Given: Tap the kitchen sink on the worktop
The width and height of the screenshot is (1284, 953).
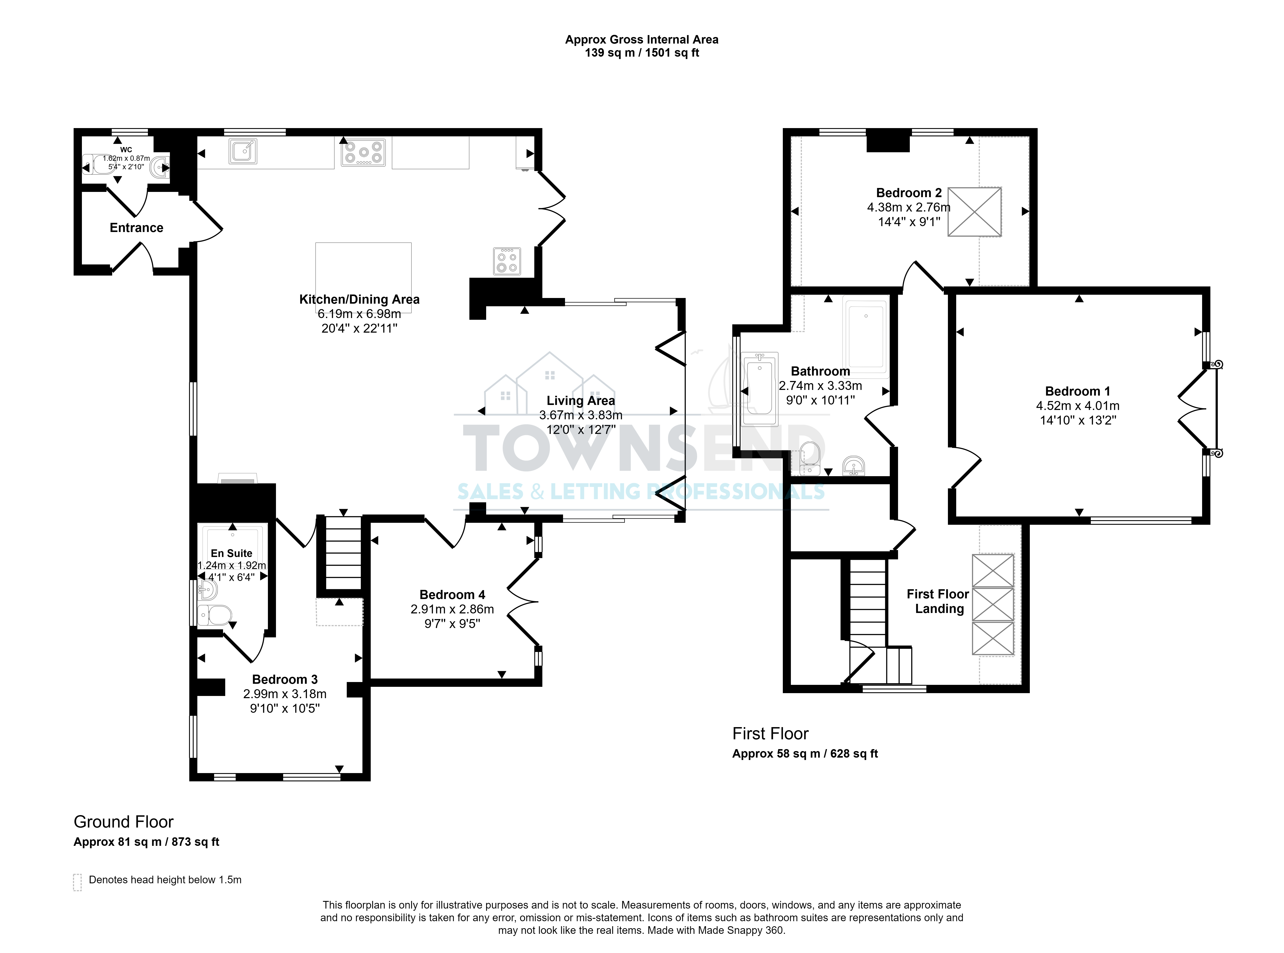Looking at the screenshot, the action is pyautogui.click(x=243, y=152).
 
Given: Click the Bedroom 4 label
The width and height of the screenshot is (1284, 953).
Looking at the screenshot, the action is pyautogui.click(x=452, y=595).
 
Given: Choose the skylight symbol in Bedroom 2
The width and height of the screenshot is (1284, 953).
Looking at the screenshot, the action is pyautogui.click(x=974, y=212).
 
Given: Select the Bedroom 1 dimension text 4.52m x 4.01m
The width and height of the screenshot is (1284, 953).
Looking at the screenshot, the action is pyautogui.click(x=1078, y=406).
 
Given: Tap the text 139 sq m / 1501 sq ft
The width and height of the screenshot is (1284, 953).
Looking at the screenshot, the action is pyautogui.click(x=642, y=53).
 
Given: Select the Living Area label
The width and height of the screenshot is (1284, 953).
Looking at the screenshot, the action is pyautogui.click(x=581, y=401).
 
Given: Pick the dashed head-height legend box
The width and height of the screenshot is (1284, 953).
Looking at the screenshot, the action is pyautogui.click(x=77, y=882).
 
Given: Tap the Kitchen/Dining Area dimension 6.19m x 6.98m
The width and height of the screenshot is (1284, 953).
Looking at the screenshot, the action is pyautogui.click(x=359, y=314).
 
